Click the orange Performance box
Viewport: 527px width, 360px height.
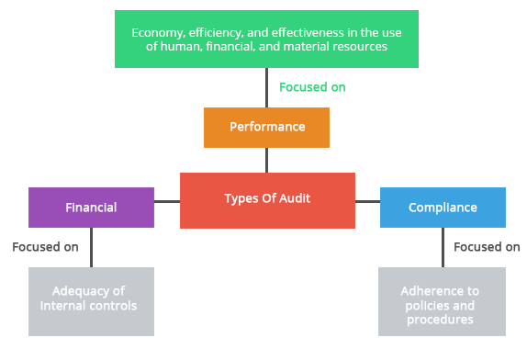(x=266, y=127)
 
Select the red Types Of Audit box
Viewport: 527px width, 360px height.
(x=267, y=199)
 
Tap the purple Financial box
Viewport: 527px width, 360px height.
(x=91, y=207)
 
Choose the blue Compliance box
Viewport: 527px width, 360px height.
(x=442, y=207)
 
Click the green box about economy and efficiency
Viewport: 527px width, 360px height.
(x=266, y=39)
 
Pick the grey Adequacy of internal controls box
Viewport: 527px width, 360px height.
(x=91, y=300)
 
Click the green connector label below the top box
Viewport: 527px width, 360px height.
(x=312, y=87)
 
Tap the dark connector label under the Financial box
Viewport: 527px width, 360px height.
(x=46, y=246)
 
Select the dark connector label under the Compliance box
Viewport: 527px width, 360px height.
(x=487, y=246)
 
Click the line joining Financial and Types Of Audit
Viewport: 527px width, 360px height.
(x=166, y=200)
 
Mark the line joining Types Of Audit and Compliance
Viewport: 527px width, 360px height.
(x=367, y=200)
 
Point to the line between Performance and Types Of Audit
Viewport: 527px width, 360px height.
(x=267, y=160)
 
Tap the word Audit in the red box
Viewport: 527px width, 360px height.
(x=294, y=197)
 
